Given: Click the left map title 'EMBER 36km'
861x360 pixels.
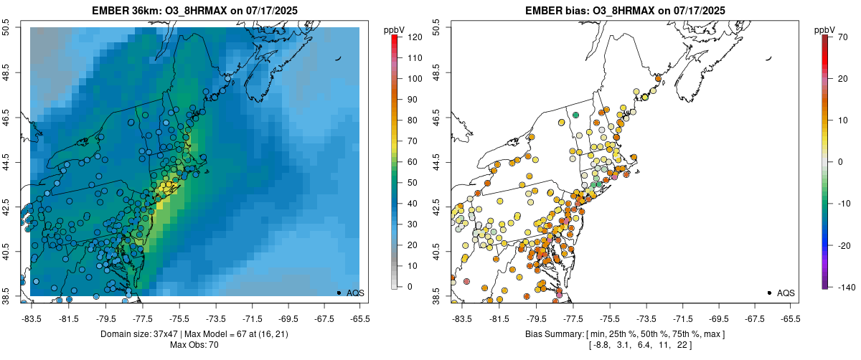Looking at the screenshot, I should [123, 11].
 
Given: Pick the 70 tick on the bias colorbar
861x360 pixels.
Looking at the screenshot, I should [841, 36].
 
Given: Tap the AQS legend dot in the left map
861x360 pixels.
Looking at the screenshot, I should [339, 293].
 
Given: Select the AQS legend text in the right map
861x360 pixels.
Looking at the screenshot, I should [785, 293].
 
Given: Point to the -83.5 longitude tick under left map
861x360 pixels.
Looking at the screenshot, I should [32, 318].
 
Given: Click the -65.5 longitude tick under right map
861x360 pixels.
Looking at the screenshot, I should [789, 318].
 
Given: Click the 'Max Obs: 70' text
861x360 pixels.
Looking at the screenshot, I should [194, 345].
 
